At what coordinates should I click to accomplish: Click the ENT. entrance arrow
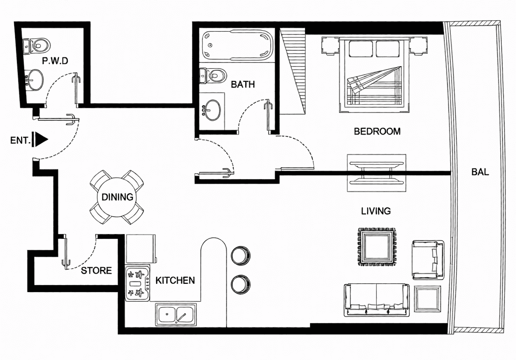(x=41, y=140)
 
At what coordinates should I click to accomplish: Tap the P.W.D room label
(x=55, y=61)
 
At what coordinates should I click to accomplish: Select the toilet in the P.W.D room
(x=36, y=45)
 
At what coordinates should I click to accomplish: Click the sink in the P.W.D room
(x=34, y=79)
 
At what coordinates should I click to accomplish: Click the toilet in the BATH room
(x=213, y=76)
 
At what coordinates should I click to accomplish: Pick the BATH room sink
(x=212, y=111)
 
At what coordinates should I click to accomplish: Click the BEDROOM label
(x=377, y=131)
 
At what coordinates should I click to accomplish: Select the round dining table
(x=117, y=197)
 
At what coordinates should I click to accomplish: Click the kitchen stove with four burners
(x=137, y=283)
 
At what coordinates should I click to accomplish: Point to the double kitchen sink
(x=176, y=315)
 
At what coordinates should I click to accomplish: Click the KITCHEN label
(x=175, y=281)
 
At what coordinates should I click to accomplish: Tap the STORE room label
(x=96, y=270)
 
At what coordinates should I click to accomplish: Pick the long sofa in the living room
(x=377, y=300)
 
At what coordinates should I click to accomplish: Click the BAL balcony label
(x=480, y=172)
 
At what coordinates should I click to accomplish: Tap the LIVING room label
(x=376, y=211)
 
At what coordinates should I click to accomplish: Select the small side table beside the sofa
(x=427, y=299)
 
